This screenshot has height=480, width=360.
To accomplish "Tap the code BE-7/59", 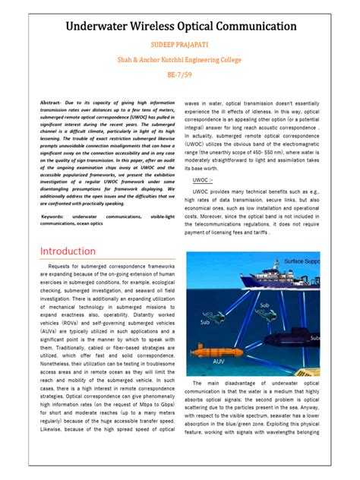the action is [x=180, y=76].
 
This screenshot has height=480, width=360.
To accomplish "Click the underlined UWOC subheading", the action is [x=202, y=181].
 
